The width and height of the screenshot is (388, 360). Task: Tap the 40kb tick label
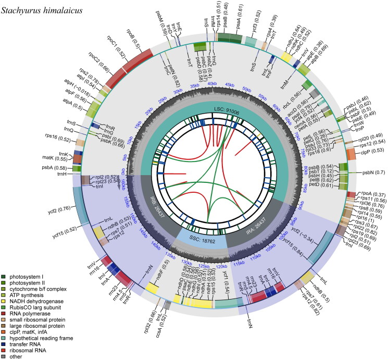(x=211, y=84)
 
